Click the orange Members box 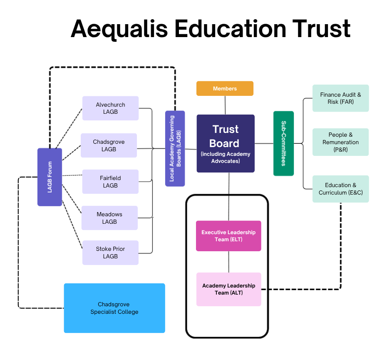click(225, 88)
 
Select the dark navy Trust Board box click(225, 143)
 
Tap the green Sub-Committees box click(283, 143)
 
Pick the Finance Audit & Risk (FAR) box click(340, 98)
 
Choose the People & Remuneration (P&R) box click(340, 142)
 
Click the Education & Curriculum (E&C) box click(340, 189)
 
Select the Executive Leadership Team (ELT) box click(228, 236)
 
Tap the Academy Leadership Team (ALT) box click(228, 289)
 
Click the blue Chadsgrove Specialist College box click(114, 308)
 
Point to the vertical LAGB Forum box click(50, 177)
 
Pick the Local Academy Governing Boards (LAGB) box click(175, 148)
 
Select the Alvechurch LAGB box click(110, 108)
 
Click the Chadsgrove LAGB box click(109, 145)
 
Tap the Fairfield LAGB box click(110, 182)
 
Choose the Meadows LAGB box click(109, 218)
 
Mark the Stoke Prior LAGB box click(110, 252)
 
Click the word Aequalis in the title click(119, 29)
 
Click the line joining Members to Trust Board click(225, 105)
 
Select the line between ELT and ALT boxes click(228, 262)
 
